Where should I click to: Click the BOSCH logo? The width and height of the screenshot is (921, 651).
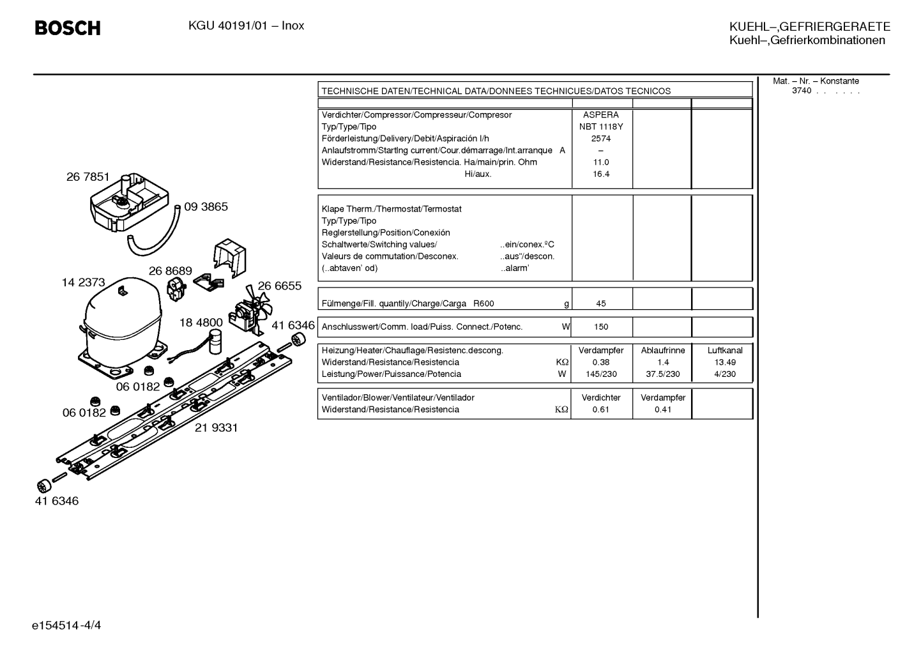68,28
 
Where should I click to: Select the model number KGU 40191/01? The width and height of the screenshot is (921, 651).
228,26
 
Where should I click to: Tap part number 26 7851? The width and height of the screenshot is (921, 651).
88,177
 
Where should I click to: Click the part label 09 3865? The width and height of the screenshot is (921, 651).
206,206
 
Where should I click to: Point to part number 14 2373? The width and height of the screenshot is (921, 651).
83,282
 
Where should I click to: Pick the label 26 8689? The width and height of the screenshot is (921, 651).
171,271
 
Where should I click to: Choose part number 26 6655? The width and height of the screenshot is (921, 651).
280,286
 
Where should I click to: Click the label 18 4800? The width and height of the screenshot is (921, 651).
201,323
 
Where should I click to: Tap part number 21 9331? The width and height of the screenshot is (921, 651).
217,427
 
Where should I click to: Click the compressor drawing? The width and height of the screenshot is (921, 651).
122,327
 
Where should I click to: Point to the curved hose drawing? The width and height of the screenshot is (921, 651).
154,233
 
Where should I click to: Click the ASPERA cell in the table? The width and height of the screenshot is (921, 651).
601,115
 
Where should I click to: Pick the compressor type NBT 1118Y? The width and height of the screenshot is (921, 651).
601,126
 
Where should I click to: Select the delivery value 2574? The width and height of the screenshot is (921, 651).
601,139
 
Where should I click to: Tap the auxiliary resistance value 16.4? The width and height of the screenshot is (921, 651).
601,174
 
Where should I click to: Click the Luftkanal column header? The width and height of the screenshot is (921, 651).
725,350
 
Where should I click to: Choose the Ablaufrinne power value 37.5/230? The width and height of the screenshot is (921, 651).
663,374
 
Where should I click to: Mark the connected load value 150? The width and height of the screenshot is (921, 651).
601,327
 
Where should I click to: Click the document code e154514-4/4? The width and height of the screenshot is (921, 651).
66,625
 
